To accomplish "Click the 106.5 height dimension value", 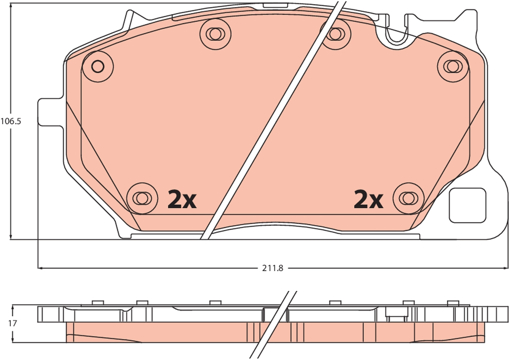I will click(x=11, y=121).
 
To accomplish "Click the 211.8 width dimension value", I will click(x=272, y=268).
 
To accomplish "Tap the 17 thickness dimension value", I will click(x=12, y=323).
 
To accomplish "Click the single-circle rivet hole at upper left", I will click(x=98, y=67).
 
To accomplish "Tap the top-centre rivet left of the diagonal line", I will click(x=215, y=34).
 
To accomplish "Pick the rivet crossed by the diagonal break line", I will click(x=335, y=34).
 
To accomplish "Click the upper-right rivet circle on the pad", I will click(x=453, y=67).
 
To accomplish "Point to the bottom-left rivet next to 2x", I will click(x=142, y=198).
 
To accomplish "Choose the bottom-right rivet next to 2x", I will click(x=409, y=198).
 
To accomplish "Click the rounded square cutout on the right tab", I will click(x=467, y=205).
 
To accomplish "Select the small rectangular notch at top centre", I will click(x=275, y=5).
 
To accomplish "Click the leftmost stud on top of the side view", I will click(x=97, y=302).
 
